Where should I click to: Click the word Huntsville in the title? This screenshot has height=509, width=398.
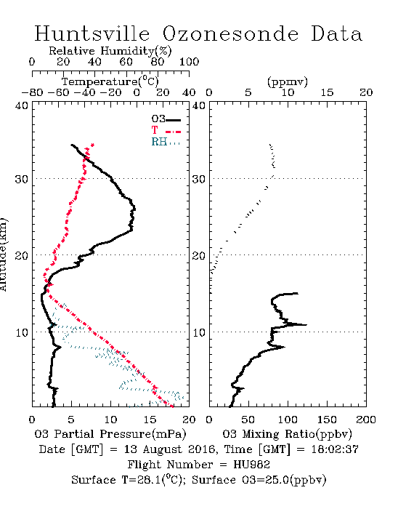point(92,33)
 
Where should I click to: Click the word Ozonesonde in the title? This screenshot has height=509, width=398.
point(230,33)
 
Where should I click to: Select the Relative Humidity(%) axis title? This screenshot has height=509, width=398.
point(110,51)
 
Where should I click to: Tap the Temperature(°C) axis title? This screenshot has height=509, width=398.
point(110,81)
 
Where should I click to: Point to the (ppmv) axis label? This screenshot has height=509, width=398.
point(288,81)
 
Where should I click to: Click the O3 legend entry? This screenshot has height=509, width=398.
point(166,119)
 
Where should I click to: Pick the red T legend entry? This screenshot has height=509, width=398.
point(166,130)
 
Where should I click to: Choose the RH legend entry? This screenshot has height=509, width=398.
point(166,142)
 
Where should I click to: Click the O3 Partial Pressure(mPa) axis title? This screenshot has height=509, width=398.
point(110,434)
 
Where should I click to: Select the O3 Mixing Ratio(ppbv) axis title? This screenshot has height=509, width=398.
point(287,434)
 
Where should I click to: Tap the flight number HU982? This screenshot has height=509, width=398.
point(251,465)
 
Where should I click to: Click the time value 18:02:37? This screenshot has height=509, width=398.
point(335,449)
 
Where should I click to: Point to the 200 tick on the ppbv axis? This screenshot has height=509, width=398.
point(366,420)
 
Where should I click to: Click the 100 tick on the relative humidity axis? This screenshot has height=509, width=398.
point(189,62)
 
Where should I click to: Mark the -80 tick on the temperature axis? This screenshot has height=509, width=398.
point(32,92)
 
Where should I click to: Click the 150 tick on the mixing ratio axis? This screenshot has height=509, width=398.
point(327,420)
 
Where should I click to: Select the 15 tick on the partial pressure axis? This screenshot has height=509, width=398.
point(150,420)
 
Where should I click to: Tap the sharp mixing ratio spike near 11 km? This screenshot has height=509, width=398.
point(306,324)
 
